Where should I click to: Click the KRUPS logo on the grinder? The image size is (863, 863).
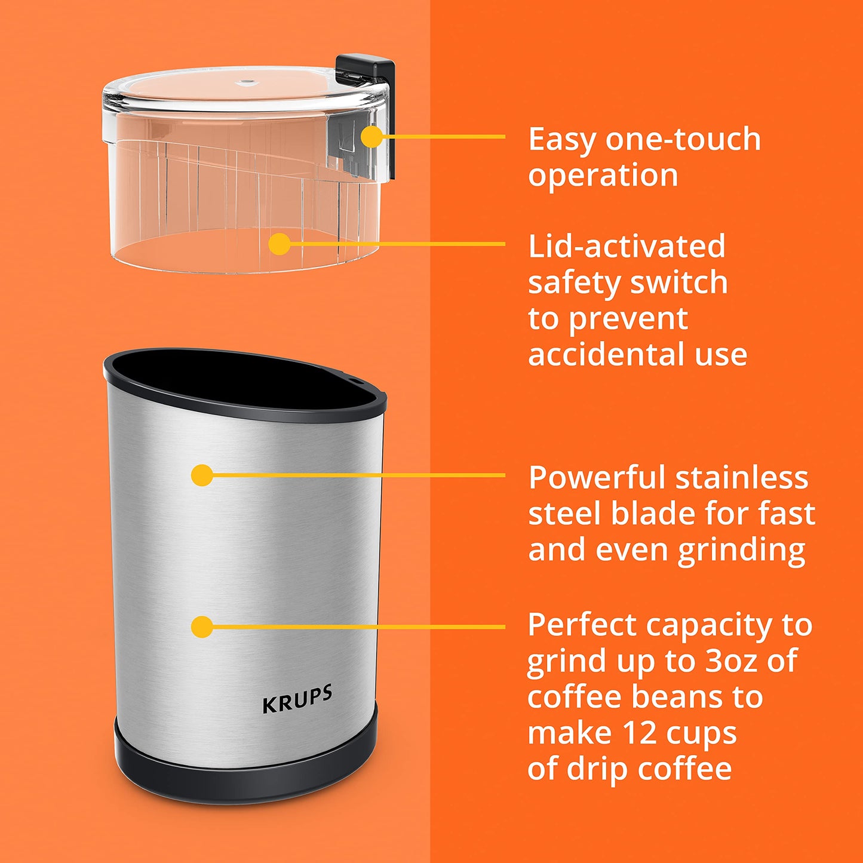tap(297, 699)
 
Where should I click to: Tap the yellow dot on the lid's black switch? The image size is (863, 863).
tap(371, 137)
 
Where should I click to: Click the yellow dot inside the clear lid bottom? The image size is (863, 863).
tap(280, 244)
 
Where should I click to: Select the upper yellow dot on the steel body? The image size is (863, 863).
tap(202, 475)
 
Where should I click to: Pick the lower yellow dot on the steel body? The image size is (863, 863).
tap(202, 626)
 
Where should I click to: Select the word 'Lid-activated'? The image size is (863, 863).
tap(626, 247)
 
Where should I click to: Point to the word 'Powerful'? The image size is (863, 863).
tap(597, 478)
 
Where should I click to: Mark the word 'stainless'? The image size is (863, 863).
tap(742, 478)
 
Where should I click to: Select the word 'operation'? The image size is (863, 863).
tap(603, 176)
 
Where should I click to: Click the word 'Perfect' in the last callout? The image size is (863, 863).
tap(582, 625)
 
